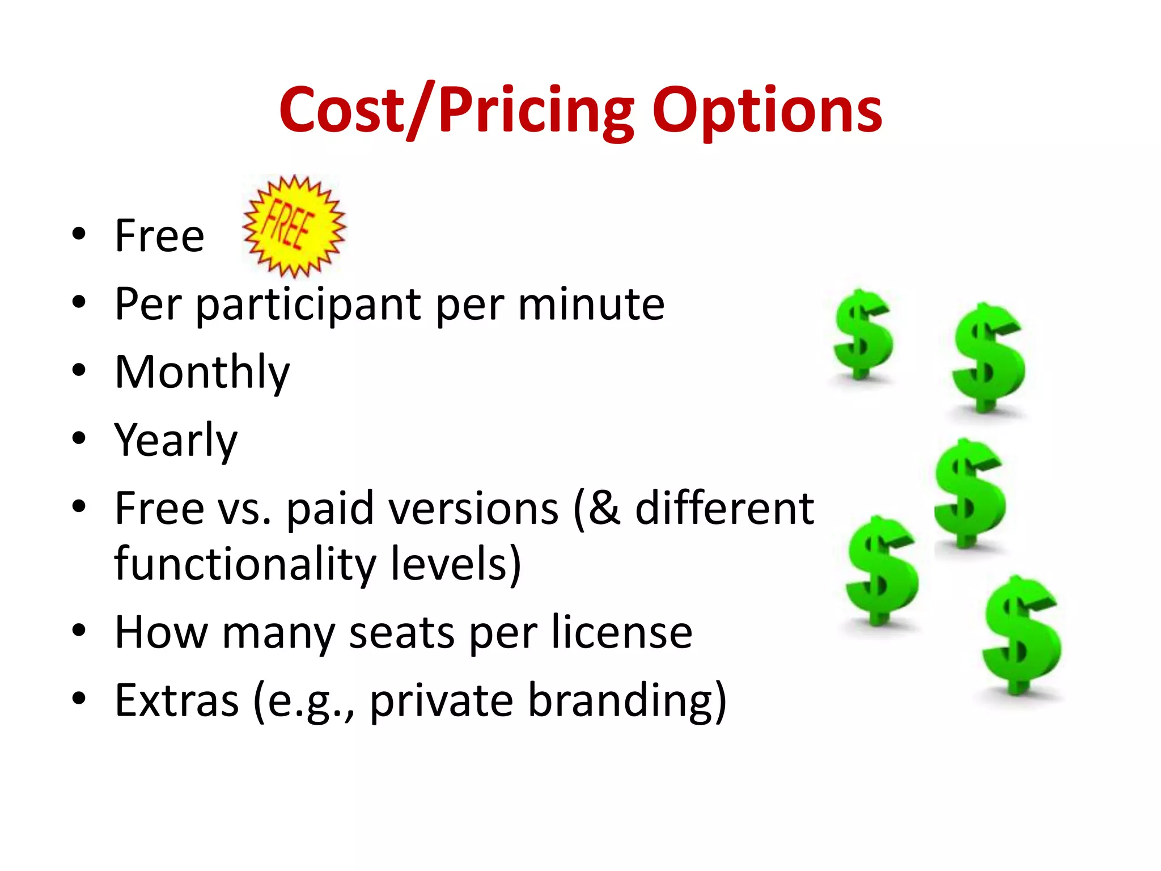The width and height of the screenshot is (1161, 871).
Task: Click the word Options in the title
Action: [x=766, y=111]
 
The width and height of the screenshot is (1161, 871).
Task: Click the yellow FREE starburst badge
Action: [x=294, y=227]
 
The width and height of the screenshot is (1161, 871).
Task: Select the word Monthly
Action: [x=202, y=373]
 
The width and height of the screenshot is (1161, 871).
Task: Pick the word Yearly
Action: [x=176, y=441]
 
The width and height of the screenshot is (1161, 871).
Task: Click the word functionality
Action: [x=245, y=564]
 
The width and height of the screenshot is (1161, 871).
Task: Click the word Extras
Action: [x=177, y=700]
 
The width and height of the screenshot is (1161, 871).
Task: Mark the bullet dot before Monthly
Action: [x=79, y=370]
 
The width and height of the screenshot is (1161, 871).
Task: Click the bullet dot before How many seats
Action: [x=79, y=630]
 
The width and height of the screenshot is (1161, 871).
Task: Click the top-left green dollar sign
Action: [x=862, y=335]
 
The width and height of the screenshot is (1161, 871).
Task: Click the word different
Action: [x=724, y=508]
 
